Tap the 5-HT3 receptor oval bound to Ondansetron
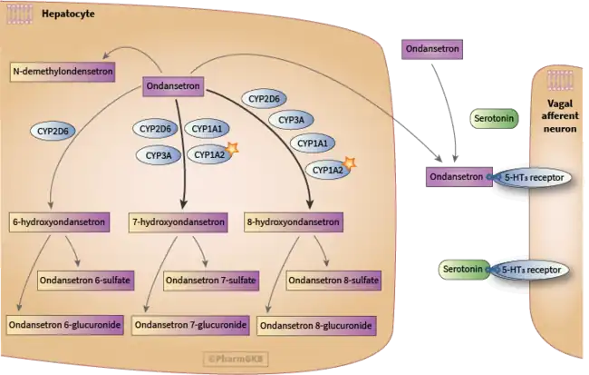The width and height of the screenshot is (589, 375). pyautogui.click(x=530, y=178)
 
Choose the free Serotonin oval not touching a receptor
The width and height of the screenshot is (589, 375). pyautogui.click(x=489, y=119)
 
